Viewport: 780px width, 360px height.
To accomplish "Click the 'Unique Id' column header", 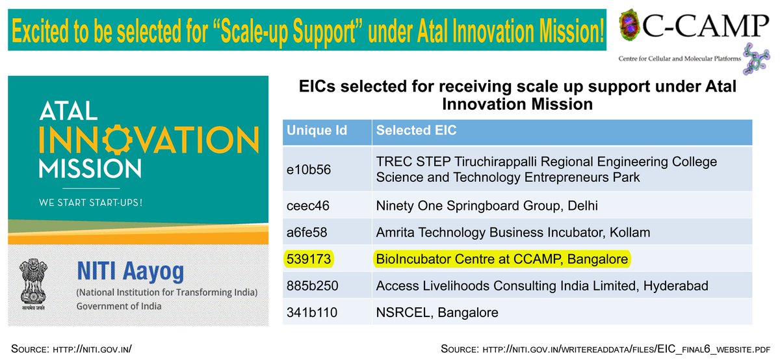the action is click(x=317, y=131).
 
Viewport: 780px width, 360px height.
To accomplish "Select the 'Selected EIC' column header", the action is click(x=416, y=131).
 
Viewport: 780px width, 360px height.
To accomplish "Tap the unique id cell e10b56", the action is click(x=309, y=170).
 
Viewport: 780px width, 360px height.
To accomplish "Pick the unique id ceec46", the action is click(x=308, y=206).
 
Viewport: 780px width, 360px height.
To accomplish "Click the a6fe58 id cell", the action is click(x=307, y=232).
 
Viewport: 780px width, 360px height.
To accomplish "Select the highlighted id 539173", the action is click(x=309, y=259).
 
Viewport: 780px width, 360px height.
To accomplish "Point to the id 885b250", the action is click(x=313, y=286).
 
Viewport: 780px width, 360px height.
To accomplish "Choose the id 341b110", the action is click(x=311, y=313).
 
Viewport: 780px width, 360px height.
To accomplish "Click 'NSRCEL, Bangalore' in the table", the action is click(x=437, y=313).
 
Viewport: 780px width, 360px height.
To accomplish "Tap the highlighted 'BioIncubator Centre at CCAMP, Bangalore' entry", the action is click(x=502, y=259).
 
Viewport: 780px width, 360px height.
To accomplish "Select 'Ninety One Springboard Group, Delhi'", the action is click(x=487, y=206).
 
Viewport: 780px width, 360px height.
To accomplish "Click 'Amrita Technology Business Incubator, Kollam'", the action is click(x=513, y=232).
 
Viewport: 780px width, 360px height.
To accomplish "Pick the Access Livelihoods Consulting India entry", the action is click(x=542, y=286).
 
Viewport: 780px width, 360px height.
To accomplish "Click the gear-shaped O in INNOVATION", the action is click(x=118, y=139).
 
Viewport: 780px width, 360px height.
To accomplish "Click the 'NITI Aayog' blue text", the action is click(x=130, y=272).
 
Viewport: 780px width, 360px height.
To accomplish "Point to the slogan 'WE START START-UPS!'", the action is click(x=90, y=203).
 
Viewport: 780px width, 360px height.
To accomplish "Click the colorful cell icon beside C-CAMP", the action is click(x=630, y=25).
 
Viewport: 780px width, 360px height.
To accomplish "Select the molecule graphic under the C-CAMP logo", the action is click(x=756, y=59).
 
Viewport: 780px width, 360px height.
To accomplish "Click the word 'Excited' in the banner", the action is click(x=41, y=31).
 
